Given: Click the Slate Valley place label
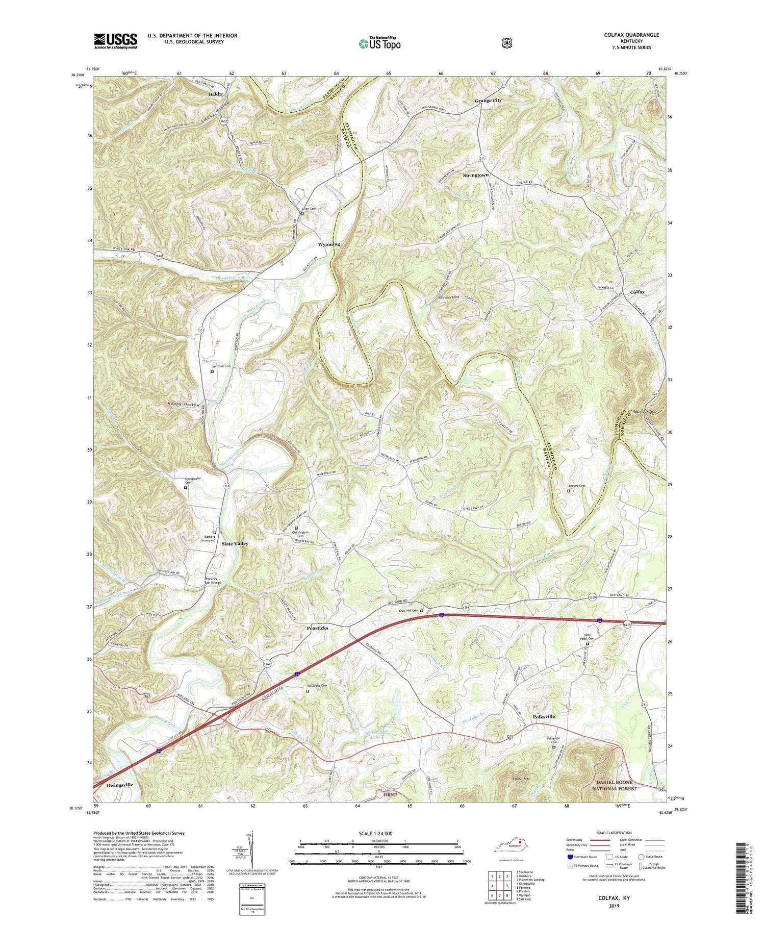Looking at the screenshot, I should coord(235,544).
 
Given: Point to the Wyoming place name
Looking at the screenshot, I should coord(329,244).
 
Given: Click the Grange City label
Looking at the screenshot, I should coord(488,101).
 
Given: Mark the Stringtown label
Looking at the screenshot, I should coord(475,175).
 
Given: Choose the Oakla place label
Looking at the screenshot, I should coord(215,94).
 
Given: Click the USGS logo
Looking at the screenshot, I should coord(115,41).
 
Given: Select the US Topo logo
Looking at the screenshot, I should coord(379,43).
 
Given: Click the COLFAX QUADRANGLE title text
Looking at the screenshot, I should coord(631,35).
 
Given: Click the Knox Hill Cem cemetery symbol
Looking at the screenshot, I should coord(422,611).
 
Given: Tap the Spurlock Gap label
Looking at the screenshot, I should coord(647,412).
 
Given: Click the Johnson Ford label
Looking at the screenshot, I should coord(445,297).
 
